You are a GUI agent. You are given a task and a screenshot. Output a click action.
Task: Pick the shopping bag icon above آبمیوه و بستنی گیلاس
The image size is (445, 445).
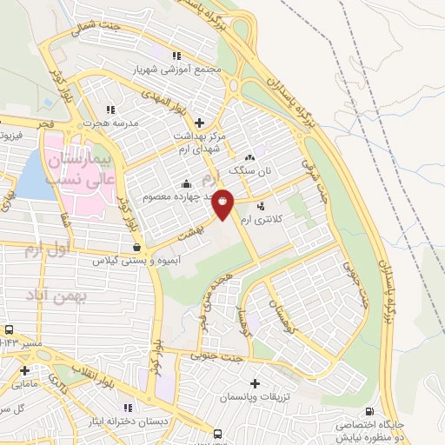pyautogui.click(x=138, y=248)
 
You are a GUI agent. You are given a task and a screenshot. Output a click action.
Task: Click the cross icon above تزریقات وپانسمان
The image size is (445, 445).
pyautogui.click(x=255, y=383)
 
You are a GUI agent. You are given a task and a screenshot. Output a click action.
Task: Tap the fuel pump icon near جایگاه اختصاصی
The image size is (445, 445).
pyautogui.click(x=371, y=412)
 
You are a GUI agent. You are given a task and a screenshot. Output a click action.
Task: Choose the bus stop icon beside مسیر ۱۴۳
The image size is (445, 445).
pyautogui.click(x=9, y=330)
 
